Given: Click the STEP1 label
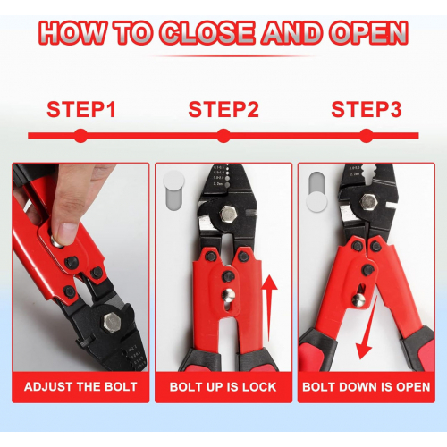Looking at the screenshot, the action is point(81,109).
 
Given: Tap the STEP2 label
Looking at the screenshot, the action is point(223,109).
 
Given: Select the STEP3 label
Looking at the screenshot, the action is point(367,109).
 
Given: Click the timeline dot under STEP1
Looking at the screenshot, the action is point(80,136).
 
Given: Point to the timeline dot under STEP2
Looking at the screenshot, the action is point(223,136).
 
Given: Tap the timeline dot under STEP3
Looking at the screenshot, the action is point(367,136).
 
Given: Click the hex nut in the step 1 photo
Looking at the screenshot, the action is point(112,323).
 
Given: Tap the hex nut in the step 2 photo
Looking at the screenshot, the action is point(228,215).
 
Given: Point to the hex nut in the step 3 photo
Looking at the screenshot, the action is point(368,202).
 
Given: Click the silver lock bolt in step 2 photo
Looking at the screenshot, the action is point(229,295).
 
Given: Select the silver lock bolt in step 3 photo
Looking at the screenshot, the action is point(358,300).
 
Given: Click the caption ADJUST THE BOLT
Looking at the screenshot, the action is point(80,387).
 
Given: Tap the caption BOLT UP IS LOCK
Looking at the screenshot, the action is point(223,387).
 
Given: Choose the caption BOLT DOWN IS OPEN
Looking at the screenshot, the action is point(367,387).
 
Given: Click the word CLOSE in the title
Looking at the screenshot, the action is point(207,33).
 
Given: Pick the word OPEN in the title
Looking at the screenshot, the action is point(369,33).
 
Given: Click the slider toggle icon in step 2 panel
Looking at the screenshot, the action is point(173,190).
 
